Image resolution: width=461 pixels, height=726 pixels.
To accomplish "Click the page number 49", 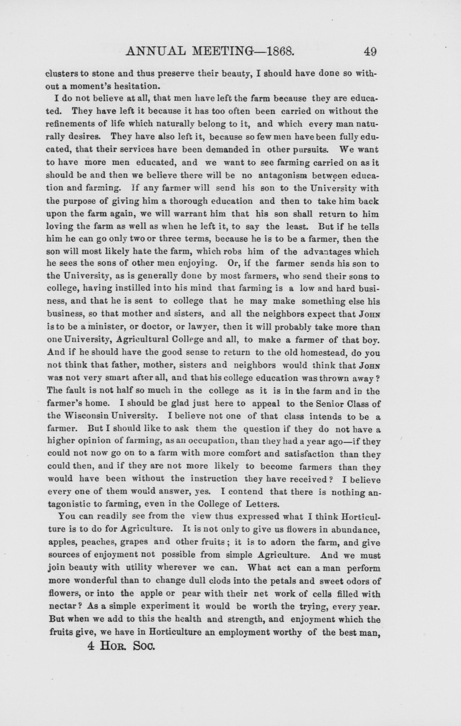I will click(x=370, y=52).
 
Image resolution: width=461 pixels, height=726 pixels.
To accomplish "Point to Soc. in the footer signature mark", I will click(x=143, y=646).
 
